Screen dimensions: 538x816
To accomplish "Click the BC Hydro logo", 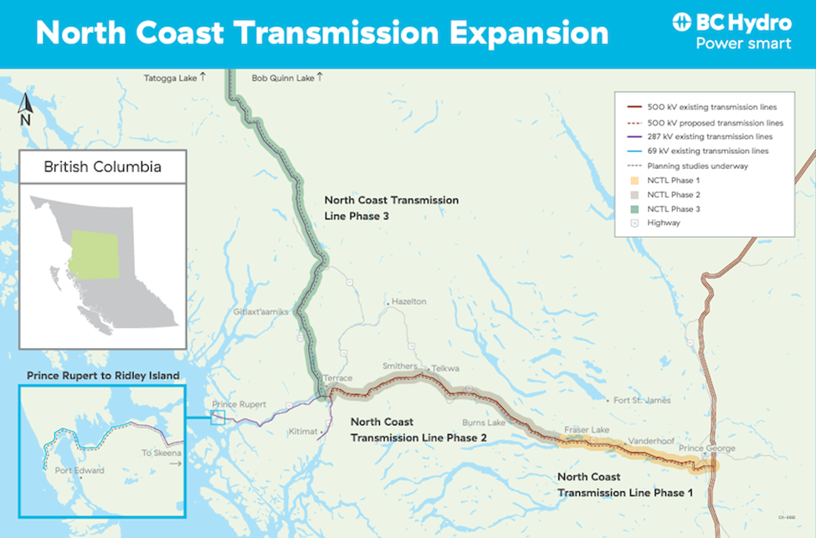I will coord(731,32).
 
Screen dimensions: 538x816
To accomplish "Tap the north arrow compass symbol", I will coord(24,106).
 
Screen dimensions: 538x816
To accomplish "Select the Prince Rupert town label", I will coord(239,404).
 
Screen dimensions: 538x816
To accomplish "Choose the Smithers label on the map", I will coord(400,366).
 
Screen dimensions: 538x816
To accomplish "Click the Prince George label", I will coord(707,448).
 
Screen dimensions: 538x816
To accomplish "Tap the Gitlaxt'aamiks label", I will coord(262,311).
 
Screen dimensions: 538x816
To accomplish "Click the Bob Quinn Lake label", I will coord(283,78).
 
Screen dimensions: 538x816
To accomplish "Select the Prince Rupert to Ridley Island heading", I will coord(103,376).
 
